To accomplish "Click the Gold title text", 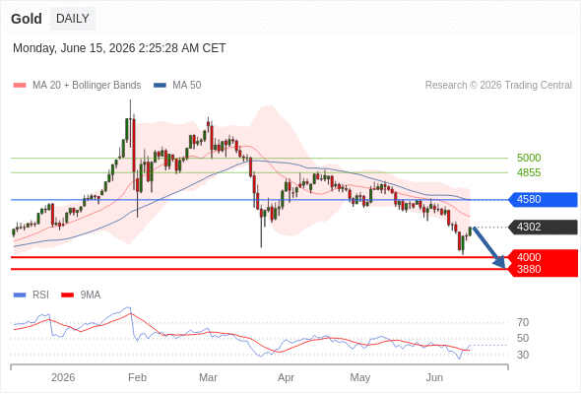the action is (x=27, y=19).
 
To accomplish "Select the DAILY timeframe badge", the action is (x=73, y=19).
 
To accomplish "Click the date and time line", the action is (x=119, y=48).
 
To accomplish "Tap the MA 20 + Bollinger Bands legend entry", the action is (x=77, y=86).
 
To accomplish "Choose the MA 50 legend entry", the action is (x=177, y=86).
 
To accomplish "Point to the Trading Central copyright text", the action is (x=498, y=86).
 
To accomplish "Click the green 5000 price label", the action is (x=529, y=158).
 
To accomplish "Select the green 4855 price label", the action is (x=529, y=172).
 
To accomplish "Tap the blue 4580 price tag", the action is (x=543, y=199).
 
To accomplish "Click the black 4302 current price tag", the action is (x=543, y=227).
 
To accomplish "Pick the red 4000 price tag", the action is (x=543, y=256).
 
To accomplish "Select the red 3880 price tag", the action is (x=543, y=270).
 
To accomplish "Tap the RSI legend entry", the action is (x=32, y=295).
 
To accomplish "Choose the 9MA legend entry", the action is (x=81, y=295).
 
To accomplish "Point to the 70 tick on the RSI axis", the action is (x=523, y=322).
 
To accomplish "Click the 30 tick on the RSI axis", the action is (x=523, y=355).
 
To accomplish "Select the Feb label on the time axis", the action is (x=137, y=377).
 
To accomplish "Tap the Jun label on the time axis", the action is (x=434, y=377).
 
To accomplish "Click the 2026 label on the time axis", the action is (x=63, y=377).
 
